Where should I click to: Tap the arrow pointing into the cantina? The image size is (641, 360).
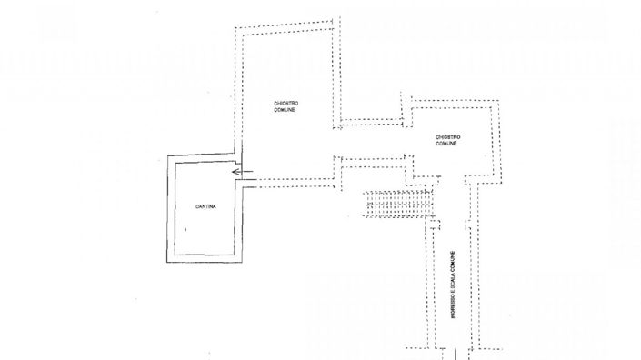240,171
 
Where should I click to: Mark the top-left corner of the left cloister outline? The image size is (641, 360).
237,27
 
